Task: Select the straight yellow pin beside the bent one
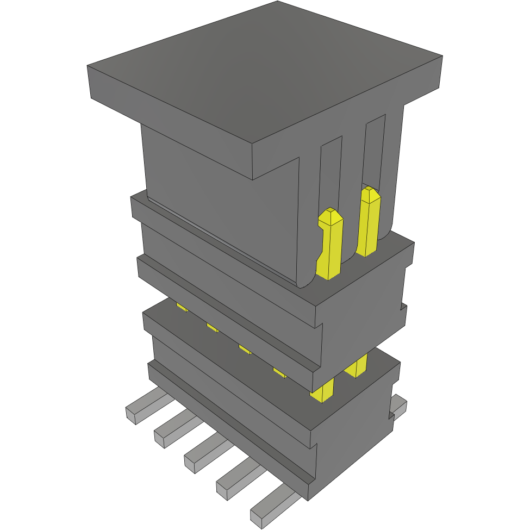tap(369, 220)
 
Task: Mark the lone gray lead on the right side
tap(400, 405)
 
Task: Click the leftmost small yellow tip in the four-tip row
tap(182, 308)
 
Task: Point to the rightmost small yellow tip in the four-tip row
tap(279, 372)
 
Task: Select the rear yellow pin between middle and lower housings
tap(356, 365)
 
